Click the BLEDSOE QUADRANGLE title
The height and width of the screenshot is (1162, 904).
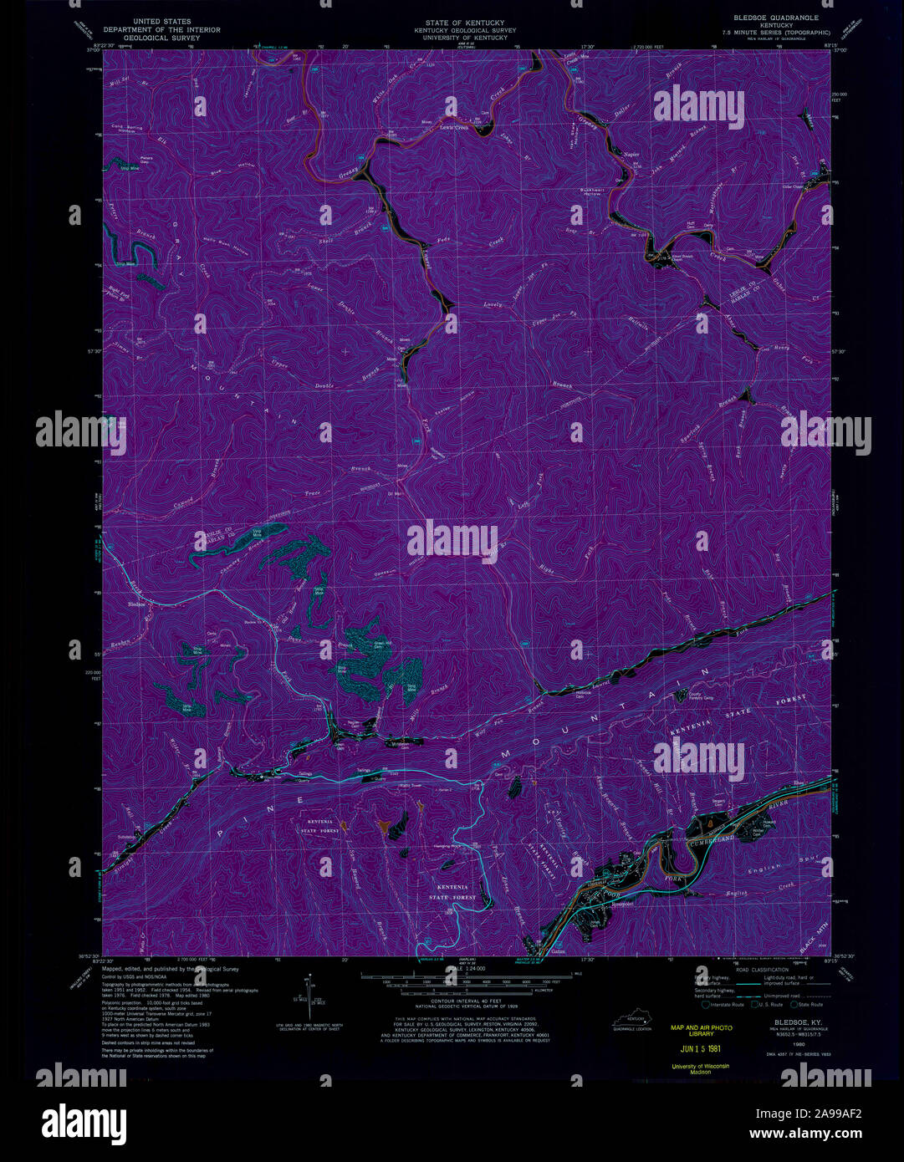click(777, 18)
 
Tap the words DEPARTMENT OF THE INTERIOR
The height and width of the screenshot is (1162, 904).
click(162, 30)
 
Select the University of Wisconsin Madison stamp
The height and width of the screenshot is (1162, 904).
click(700, 1069)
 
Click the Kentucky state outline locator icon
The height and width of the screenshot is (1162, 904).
click(632, 1020)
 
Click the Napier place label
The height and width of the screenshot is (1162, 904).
click(631, 154)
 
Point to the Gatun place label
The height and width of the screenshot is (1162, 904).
click(559, 950)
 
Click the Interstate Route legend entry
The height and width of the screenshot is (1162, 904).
click(724, 1004)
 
